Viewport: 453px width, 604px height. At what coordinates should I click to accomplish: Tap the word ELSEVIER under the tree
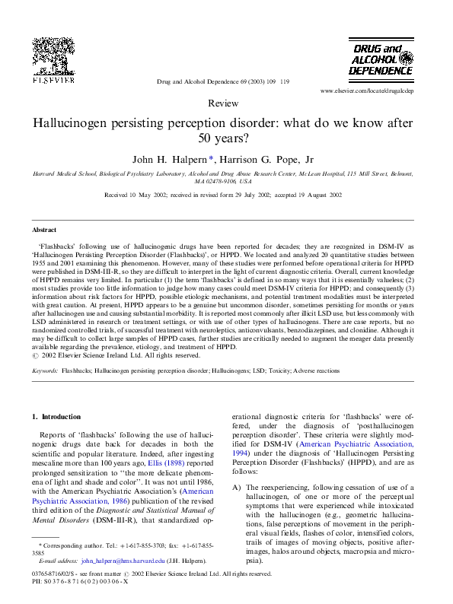pos(53,78)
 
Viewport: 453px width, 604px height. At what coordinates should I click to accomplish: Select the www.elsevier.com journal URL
pos(377,91)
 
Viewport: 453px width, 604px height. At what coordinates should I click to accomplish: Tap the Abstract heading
pos(44,229)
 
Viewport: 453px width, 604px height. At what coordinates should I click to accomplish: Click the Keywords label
pos(46,370)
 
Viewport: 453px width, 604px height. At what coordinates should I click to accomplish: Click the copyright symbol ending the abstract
pos(35,355)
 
